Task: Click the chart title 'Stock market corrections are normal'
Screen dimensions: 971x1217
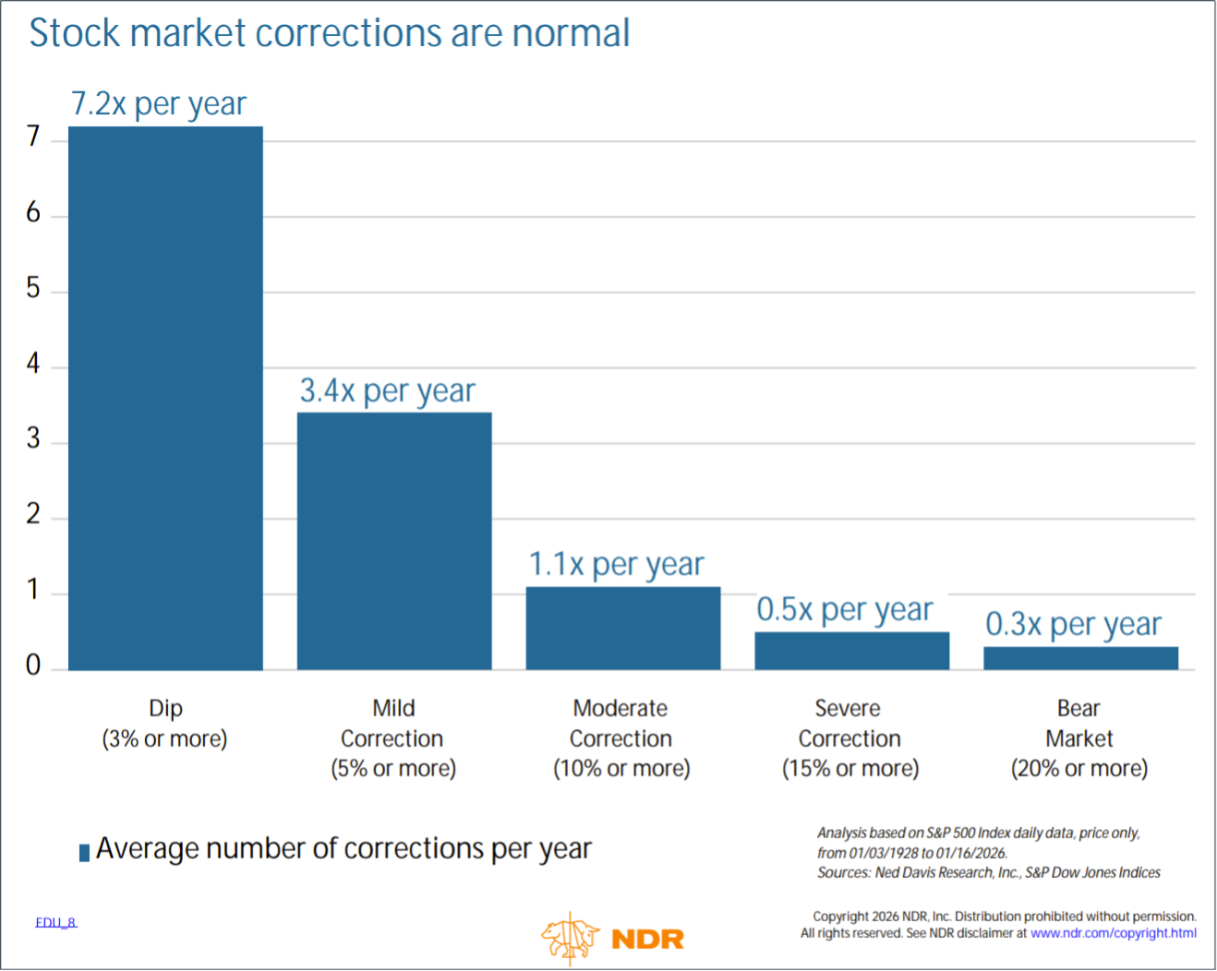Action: pos(330,33)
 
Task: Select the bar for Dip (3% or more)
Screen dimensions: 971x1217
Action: pos(165,398)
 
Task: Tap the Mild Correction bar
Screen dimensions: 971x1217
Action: pos(394,541)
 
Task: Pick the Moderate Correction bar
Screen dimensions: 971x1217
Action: pos(623,628)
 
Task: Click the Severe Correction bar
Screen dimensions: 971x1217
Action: pos(851,651)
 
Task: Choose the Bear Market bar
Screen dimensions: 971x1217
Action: pos(1080,658)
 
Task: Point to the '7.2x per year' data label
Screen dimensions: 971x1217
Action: pos(159,103)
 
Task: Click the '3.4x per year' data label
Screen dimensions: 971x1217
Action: pos(387,390)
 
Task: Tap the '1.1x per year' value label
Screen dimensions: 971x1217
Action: pos(616,564)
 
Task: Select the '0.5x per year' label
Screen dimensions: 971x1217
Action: pos(845,609)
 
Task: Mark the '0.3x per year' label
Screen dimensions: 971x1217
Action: pos(1073,624)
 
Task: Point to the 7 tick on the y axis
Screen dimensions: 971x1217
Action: pos(33,137)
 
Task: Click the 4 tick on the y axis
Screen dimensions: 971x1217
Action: pos(33,364)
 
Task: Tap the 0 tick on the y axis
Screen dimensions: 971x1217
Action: pos(33,665)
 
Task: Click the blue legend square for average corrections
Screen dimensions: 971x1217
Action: pos(84,852)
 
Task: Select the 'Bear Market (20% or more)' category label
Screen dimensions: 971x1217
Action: pos(1078,738)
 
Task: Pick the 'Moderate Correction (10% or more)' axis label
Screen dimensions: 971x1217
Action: pos(621,738)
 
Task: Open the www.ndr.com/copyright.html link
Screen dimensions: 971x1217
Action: pos(1113,933)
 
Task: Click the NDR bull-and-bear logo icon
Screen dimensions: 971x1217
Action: pos(570,938)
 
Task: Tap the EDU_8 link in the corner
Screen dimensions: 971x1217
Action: pos(56,922)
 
